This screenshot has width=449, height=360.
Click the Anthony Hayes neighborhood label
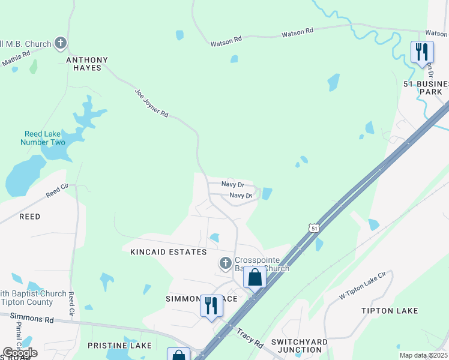click(x=87, y=65)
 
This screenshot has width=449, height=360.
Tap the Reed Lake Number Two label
click(x=44, y=138)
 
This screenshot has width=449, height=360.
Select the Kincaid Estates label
click(x=169, y=252)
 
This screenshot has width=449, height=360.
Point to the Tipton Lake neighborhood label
click(x=390, y=310)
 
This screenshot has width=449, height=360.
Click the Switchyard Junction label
click(x=300, y=346)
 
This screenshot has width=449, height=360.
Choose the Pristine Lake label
click(x=119, y=346)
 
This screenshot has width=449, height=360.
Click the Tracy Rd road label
click(x=250, y=338)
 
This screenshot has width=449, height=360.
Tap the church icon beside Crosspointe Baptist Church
click(x=225, y=263)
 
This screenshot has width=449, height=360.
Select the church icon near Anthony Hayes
click(x=60, y=43)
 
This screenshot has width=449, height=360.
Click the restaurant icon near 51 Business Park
click(x=422, y=52)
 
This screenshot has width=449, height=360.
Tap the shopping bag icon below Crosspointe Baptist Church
click(x=255, y=278)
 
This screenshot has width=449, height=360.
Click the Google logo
click(x=20, y=353)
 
